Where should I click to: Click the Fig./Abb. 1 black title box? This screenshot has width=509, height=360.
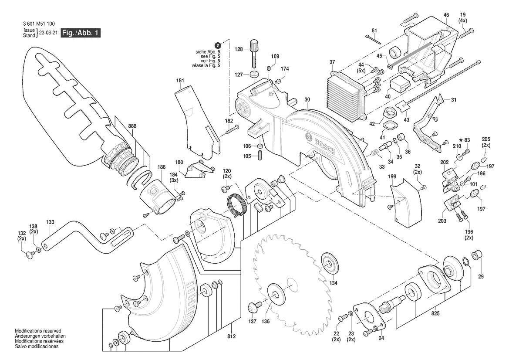[81, 33]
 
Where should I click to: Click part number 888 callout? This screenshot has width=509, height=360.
[132, 126]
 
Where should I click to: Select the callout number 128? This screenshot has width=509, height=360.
[239, 50]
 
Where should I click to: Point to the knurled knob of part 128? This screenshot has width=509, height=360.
[254, 45]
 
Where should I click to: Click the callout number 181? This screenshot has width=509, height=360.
[180, 81]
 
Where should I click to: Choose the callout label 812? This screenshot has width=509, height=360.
[231, 336]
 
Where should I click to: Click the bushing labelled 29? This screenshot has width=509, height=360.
[478, 255]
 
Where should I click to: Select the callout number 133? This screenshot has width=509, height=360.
[51, 222]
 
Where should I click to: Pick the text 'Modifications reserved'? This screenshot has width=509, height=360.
[38, 331]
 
